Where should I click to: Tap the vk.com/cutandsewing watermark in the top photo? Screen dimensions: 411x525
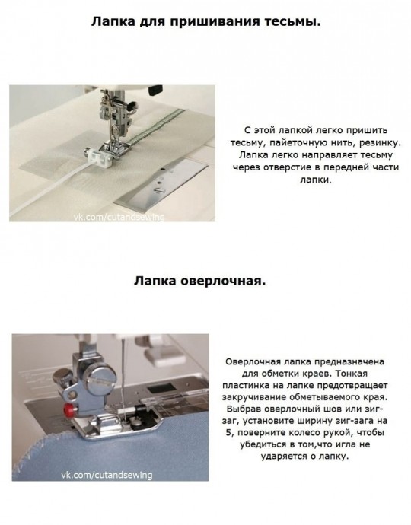119,218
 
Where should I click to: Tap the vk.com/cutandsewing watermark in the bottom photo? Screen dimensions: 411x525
107,475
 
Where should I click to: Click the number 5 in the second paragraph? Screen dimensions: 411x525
228,432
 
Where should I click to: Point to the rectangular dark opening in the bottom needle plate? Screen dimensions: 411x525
161,388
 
